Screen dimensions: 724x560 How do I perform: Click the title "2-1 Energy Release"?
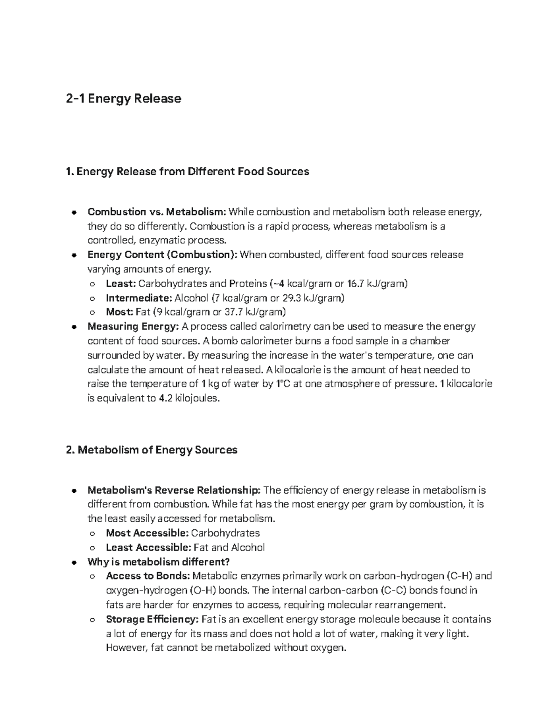tap(124, 99)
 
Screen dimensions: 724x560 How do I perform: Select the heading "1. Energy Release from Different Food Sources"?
tap(188, 172)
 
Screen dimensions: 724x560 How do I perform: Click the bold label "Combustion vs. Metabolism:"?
tap(157, 212)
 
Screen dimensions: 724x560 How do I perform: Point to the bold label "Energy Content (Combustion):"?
tap(162, 255)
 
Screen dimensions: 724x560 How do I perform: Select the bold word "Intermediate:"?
tap(139, 298)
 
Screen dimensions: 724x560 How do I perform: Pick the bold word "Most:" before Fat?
tap(119, 312)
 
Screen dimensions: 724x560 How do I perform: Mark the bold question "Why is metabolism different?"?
tap(159, 562)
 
